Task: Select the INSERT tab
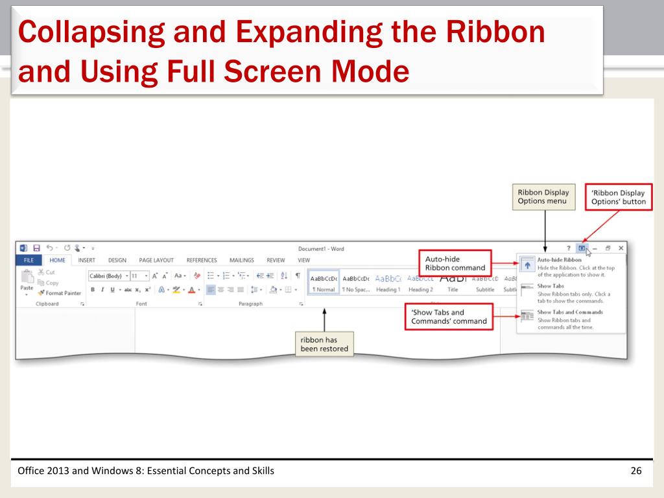point(86,260)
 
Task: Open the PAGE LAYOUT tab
point(156,260)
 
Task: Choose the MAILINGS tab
point(241,260)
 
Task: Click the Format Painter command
point(60,293)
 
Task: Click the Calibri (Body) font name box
point(108,276)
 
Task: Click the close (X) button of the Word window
point(621,248)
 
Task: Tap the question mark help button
point(569,248)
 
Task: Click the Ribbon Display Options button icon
point(582,248)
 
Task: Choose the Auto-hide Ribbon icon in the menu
point(527,266)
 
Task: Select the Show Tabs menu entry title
point(551,286)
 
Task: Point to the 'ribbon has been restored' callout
point(324,344)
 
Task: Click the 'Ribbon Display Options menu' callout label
point(543,196)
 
